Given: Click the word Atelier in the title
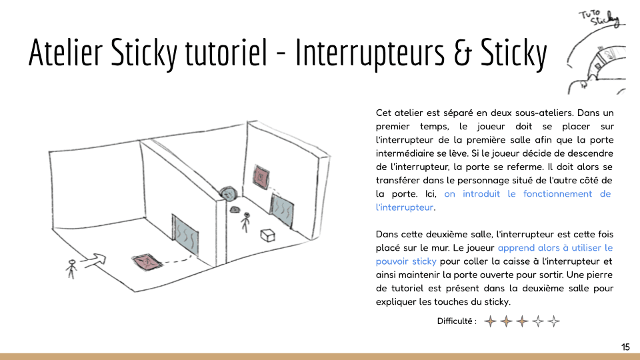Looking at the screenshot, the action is point(65,52).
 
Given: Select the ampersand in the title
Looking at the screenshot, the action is point(462,53).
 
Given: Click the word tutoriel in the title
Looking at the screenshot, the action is point(227,52).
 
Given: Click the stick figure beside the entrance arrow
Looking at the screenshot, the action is point(71,269).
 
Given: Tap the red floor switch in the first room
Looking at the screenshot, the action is point(146,261).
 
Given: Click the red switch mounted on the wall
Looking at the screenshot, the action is point(261,177).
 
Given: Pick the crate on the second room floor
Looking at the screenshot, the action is point(268,235).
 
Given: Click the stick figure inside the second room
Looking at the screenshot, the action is point(245,222).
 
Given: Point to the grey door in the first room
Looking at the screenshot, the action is point(186,234).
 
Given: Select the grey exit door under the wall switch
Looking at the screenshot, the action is point(282,210).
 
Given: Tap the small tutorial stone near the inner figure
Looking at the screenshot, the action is point(235,210).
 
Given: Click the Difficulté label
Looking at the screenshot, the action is point(456,321).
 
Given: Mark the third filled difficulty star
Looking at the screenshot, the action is point(522,321).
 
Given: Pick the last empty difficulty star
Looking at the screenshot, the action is point(553,321).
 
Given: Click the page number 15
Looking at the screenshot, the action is point(625,347).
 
